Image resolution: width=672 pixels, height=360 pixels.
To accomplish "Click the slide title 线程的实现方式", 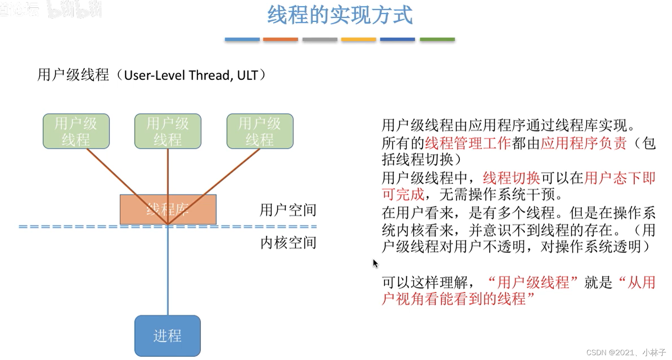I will point(340,15).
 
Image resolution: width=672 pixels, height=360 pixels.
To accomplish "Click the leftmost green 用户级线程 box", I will point(76,131).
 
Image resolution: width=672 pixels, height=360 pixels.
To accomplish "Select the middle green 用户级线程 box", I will point(168,131).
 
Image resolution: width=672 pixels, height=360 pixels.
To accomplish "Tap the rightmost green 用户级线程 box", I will point(260,131).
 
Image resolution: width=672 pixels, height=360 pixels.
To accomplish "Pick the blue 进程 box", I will point(167,336).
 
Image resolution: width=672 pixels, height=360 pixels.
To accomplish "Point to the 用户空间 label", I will point(288,210).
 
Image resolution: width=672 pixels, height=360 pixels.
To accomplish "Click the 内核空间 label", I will point(288,242).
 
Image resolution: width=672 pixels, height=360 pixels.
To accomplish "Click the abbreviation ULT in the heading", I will point(247,75).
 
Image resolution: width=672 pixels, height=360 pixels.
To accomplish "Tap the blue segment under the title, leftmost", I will point(242,40).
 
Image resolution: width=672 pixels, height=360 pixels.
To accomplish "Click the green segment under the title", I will point(437,40).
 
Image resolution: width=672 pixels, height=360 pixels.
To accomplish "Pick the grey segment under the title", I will point(320,40).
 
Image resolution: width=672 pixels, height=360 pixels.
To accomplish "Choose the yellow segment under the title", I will point(358,40).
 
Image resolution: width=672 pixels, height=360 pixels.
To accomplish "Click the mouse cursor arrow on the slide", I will point(375,263).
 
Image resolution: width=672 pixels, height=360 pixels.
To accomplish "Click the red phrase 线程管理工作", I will point(468,143).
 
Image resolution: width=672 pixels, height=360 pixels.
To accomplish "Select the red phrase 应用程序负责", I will point(583,143).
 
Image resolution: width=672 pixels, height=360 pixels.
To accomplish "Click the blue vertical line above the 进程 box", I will point(168,272).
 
